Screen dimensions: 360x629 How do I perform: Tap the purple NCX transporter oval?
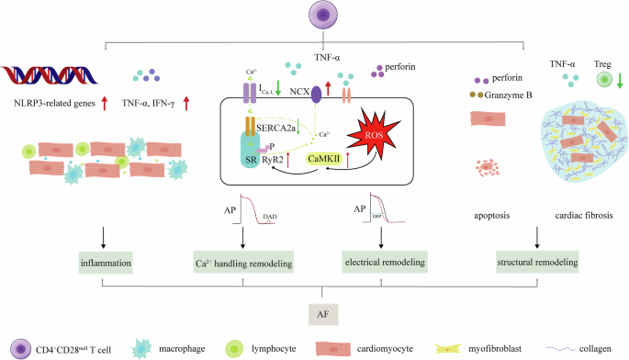click(x=317, y=93)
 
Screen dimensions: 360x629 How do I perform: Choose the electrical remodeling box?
click(x=386, y=263)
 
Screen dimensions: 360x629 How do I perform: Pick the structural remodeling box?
click(x=538, y=263)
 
